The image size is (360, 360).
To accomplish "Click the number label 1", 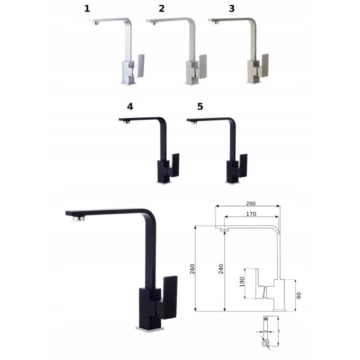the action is (87, 9).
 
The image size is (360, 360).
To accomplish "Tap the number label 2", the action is (162, 9).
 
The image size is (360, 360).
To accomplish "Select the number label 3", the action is (232, 9).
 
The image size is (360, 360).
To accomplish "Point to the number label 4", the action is (130, 107).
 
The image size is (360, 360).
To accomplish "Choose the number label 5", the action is (200, 107).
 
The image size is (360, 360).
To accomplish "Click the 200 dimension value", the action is (251, 204).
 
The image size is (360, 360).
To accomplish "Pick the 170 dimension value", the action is (251, 214).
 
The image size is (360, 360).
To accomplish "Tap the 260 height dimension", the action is (192, 269).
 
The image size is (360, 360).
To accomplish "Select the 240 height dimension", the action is (221, 269).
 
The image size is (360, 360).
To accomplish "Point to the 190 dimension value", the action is (242, 282).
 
